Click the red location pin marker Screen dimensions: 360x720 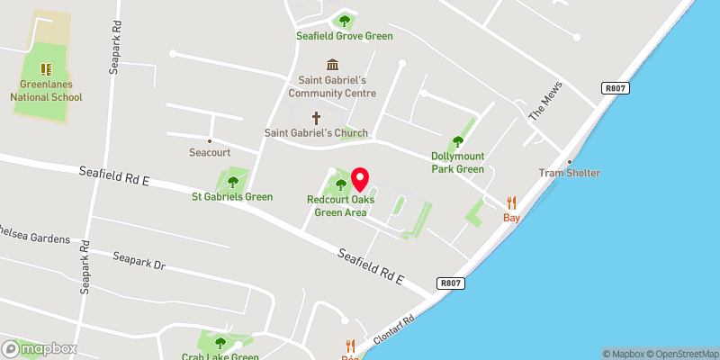pos(361,179)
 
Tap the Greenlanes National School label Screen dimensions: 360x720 pos(47,92)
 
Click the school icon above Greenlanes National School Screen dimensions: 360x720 pos(47,68)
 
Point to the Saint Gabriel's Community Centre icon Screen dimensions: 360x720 pos(332,64)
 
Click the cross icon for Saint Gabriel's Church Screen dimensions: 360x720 pos(316,118)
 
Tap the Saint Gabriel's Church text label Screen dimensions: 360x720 pos(316,133)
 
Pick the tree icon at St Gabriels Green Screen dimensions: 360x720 pos(232,182)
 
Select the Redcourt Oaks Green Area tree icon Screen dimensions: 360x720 pos(340,186)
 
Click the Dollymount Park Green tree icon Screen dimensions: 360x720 pos(457,140)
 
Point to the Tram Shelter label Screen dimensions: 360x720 pos(570,173)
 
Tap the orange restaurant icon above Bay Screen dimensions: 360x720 pos(512,202)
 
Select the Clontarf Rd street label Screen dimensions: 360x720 pos(395,332)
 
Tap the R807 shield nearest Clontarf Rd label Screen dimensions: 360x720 pos(451,283)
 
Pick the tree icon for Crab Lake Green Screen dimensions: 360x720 pos(220,342)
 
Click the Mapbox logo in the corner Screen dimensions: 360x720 pos(39,348)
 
